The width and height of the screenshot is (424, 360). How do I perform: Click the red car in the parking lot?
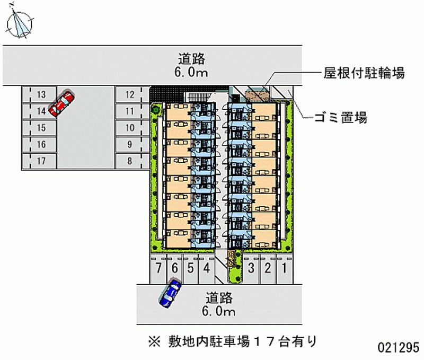point(61,103)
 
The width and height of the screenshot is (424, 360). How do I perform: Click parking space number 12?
point(129,95)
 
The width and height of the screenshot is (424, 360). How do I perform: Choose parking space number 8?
point(129,161)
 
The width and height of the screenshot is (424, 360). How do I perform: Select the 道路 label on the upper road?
point(191,59)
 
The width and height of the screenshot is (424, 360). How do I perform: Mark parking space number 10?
point(129,128)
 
